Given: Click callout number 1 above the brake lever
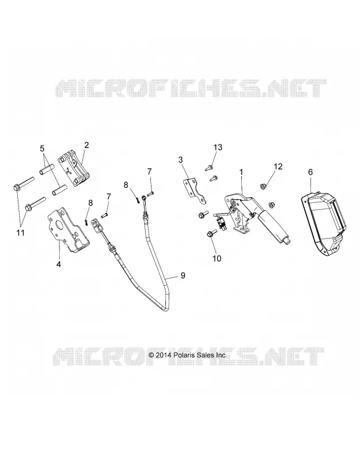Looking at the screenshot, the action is (x=241, y=172).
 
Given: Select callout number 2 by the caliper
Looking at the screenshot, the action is (x=86, y=145).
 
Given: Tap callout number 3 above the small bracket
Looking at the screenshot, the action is (x=180, y=160).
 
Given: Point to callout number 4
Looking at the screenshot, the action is (x=59, y=264).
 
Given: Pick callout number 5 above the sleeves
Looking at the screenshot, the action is (x=42, y=148).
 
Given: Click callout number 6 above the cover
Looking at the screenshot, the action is (x=310, y=172).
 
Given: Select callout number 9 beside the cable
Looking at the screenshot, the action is (x=183, y=275).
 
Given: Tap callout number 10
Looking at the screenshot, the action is (x=217, y=258).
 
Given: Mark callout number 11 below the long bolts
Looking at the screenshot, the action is (x=20, y=233).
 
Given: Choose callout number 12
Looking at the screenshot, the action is (x=278, y=167).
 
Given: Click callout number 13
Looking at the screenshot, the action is (x=218, y=147).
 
